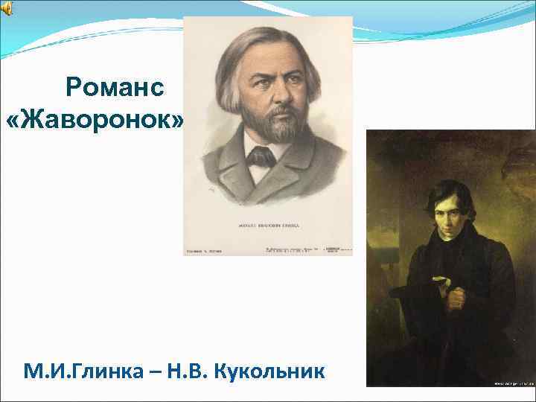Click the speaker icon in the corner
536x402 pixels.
[7, 8]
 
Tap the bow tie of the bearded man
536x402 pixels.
[262, 156]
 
